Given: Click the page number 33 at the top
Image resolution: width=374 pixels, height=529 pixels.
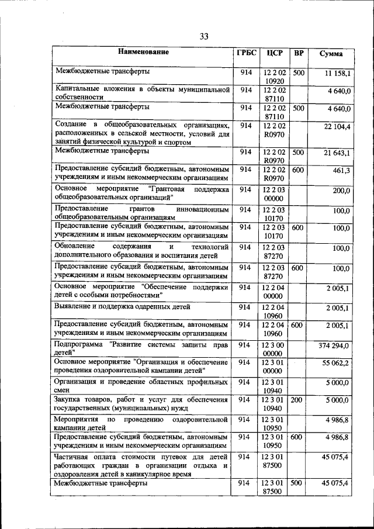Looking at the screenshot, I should pos(203,36).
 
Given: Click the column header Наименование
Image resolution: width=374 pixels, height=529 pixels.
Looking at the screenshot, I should pos(143,52).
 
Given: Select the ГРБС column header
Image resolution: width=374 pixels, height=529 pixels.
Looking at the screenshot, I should pos(245,53).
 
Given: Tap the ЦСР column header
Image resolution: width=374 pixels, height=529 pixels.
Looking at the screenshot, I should pos(274,53).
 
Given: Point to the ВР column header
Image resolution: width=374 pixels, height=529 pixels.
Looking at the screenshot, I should pos(299,53).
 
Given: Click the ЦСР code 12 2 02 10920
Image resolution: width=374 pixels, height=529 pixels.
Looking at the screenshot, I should pos(274,77).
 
